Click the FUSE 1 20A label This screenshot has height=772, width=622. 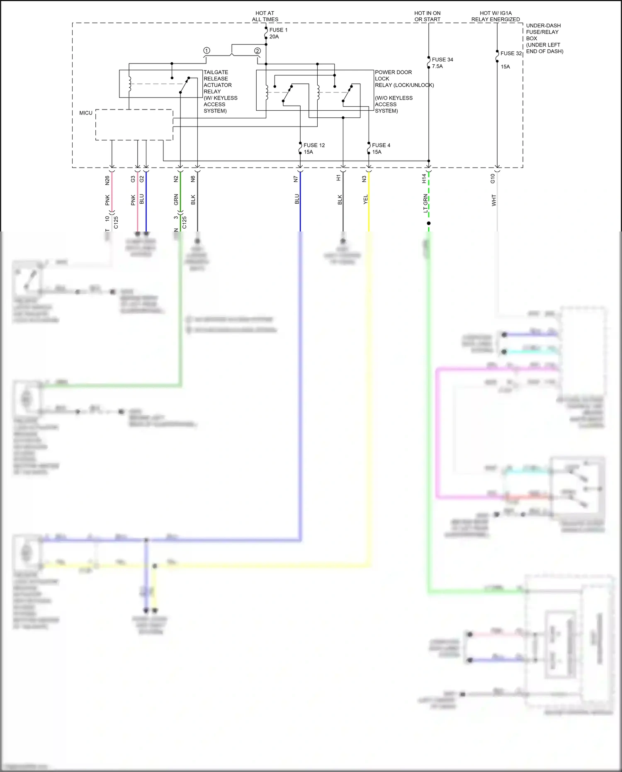click(278, 33)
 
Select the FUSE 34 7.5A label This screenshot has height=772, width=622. click(442, 63)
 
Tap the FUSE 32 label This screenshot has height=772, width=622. click(511, 54)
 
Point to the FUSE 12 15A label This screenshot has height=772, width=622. click(313, 149)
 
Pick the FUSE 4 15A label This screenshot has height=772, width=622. click(381, 149)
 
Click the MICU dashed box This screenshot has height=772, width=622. click(134, 125)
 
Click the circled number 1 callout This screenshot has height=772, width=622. click(207, 51)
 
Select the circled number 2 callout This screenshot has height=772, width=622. click(258, 51)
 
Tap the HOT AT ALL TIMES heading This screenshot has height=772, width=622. click(265, 16)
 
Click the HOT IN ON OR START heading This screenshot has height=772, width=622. click(428, 16)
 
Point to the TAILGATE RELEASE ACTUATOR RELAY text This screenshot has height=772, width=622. click(220, 91)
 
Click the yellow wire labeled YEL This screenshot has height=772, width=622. click(369, 207)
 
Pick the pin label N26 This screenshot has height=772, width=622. click(107, 180)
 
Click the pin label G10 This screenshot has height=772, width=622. click(493, 179)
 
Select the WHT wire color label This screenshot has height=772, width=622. click(493, 200)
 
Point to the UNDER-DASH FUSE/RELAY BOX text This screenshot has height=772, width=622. click(544, 38)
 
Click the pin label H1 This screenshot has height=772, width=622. click(338, 178)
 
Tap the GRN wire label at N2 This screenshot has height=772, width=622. click(176, 200)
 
